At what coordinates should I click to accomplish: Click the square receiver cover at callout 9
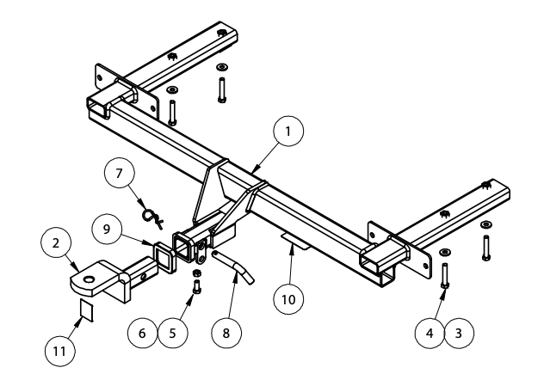pyautogui.click(x=163, y=255)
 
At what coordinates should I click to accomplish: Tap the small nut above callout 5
pyautogui.click(x=196, y=275)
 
